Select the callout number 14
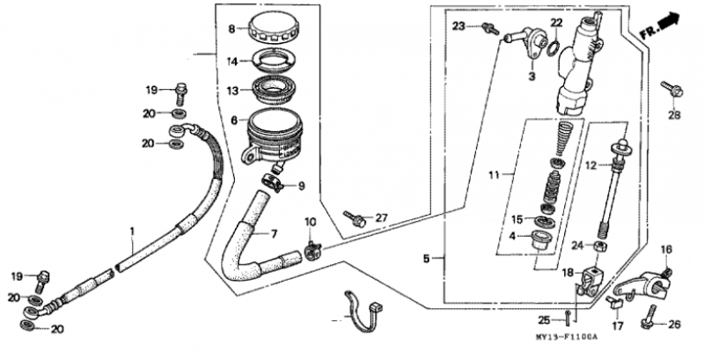[x=231, y=62]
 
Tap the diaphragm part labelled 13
[x=273, y=91]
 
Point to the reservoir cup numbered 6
[x=271, y=136]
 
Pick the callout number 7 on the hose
[x=274, y=234]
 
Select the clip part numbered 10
[x=312, y=250]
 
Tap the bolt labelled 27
[x=355, y=219]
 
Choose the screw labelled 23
[x=490, y=29]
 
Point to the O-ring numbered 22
[x=555, y=48]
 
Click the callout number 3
[x=532, y=77]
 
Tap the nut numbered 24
[x=600, y=246]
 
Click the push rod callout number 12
[x=591, y=165]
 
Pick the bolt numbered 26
[x=649, y=316]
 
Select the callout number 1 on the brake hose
[x=132, y=231]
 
